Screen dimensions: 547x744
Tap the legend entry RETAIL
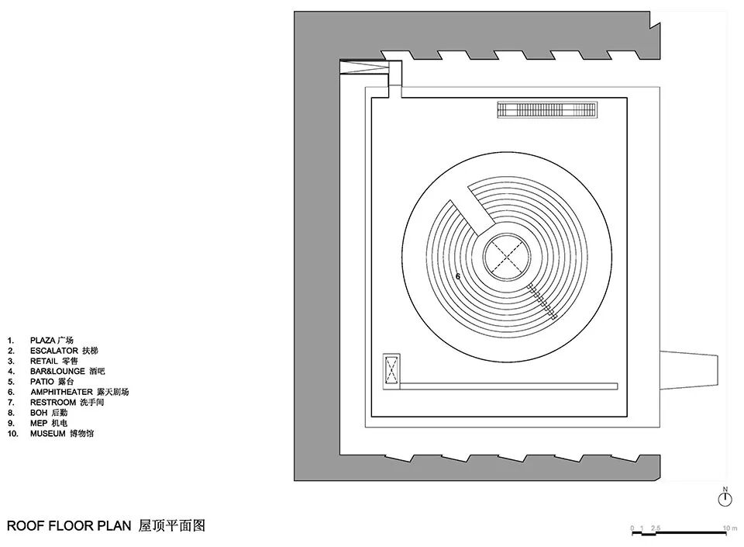click(54, 361)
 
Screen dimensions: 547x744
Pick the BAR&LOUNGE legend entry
click(63, 372)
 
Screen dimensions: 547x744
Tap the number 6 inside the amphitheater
click(458, 276)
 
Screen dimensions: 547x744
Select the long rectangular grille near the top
click(547, 110)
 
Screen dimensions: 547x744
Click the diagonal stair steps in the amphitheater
click(542, 303)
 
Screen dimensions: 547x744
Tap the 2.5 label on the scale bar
click(656, 528)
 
